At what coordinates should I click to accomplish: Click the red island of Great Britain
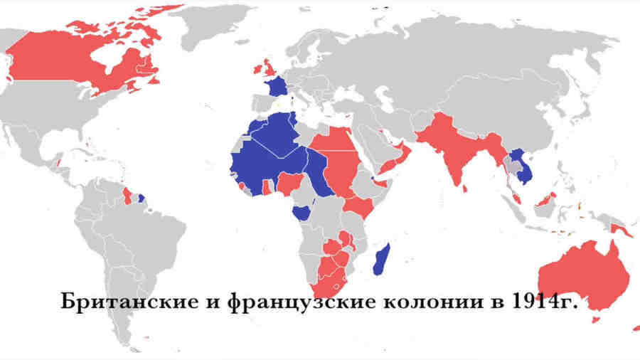[x=269, y=68]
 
